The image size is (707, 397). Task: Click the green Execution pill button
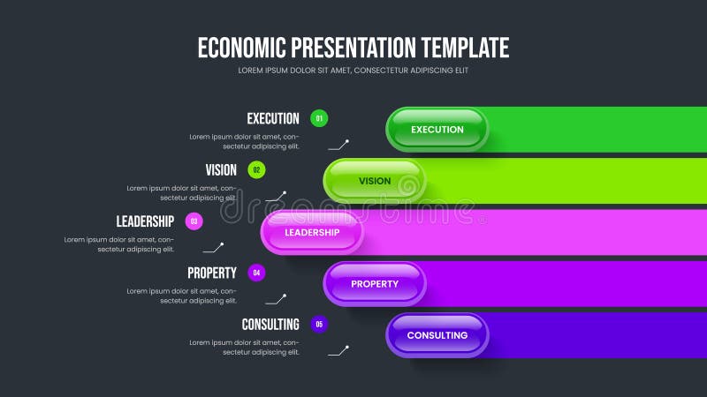pyautogui.click(x=437, y=130)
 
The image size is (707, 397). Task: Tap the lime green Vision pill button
pyautogui.click(x=375, y=181)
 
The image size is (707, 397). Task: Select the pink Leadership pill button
pyautogui.click(x=312, y=232)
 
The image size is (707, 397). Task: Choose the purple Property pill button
pyautogui.click(x=375, y=284)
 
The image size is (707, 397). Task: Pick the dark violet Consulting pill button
pyautogui.click(x=437, y=335)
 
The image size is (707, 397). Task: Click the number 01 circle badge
pyautogui.click(x=319, y=118)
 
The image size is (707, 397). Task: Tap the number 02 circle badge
pyautogui.click(x=256, y=170)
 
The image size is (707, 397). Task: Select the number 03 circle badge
pyautogui.click(x=194, y=221)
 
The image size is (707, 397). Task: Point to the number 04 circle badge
pyautogui.click(x=256, y=273)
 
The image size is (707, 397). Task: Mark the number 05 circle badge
pyautogui.click(x=319, y=324)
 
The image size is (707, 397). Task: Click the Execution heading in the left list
pyautogui.click(x=273, y=118)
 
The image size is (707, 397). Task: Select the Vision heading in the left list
pyautogui.click(x=221, y=170)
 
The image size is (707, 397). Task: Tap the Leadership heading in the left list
pyautogui.click(x=145, y=221)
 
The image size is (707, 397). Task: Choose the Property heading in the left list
pyautogui.click(x=212, y=273)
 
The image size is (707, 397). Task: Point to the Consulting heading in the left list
pyautogui.click(x=270, y=324)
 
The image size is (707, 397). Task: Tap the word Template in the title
pyautogui.click(x=465, y=47)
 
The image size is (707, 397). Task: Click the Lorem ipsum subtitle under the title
pyautogui.click(x=353, y=70)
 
